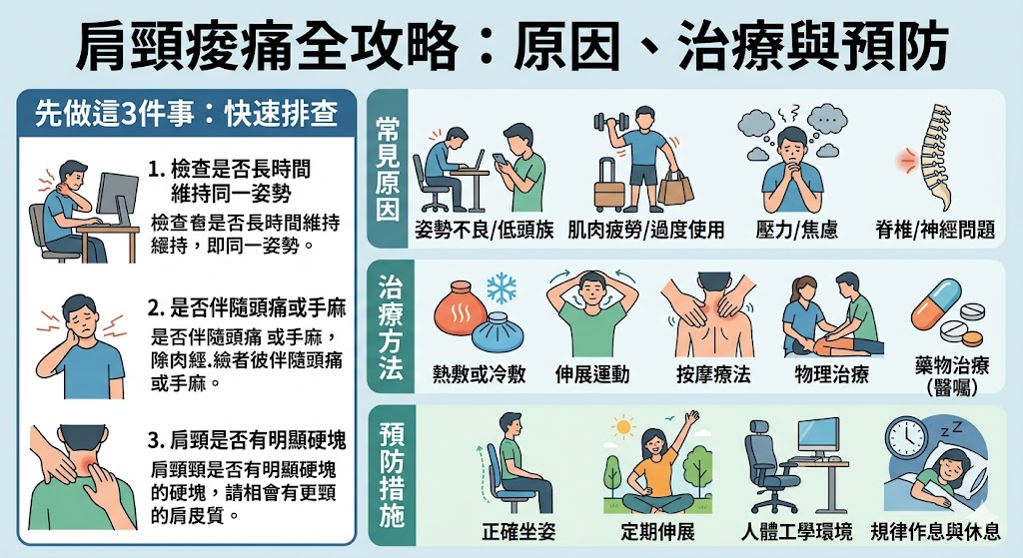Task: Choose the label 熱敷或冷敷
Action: [479, 374]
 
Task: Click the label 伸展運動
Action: [592, 374]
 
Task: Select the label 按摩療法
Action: [712, 374]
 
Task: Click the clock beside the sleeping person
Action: [908, 435]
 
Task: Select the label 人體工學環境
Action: [797, 530]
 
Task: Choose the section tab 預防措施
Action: [391, 475]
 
